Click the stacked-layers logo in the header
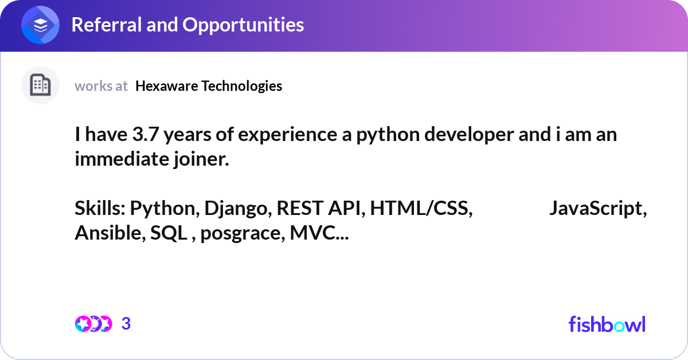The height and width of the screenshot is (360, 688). coord(41,25)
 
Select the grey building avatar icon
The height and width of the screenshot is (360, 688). coord(40,85)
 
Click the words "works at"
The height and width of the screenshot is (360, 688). coord(101,86)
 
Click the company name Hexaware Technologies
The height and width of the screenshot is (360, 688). coord(209,86)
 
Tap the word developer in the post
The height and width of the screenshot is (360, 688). coord(431,136)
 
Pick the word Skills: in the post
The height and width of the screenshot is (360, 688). coord(100,209)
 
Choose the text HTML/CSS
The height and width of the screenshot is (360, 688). coord(421,209)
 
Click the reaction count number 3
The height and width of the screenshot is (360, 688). coord(126,324)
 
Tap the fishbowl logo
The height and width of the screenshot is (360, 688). coord(607,324)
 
